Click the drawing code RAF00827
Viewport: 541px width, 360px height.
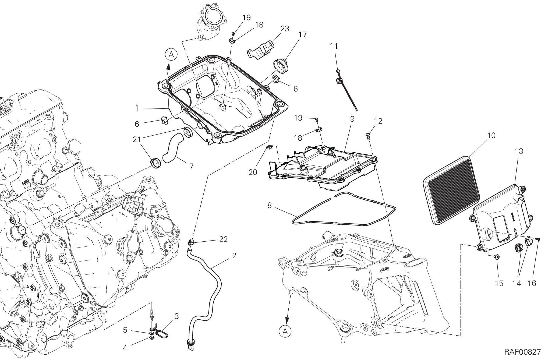tap(522, 352)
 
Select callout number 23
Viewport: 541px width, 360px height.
tap(285, 29)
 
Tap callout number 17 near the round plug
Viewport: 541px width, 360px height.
tap(302, 35)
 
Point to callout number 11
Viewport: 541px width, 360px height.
tap(334, 46)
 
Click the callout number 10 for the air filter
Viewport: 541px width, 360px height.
tap(491, 135)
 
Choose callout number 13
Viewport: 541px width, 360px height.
tap(519, 151)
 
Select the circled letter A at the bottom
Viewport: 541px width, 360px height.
tap(285, 332)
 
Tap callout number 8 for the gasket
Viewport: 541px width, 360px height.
tap(269, 206)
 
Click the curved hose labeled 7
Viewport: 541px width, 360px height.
tap(172, 150)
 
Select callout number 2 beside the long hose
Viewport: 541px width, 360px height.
tap(234, 256)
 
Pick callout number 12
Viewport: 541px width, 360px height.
tap(378, 121)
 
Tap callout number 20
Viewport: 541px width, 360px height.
tap(253, 172)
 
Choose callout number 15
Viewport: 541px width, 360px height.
tap(499, 283)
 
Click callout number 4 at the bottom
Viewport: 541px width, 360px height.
tap(125, 348)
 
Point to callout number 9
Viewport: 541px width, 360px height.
tap(352, 119)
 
